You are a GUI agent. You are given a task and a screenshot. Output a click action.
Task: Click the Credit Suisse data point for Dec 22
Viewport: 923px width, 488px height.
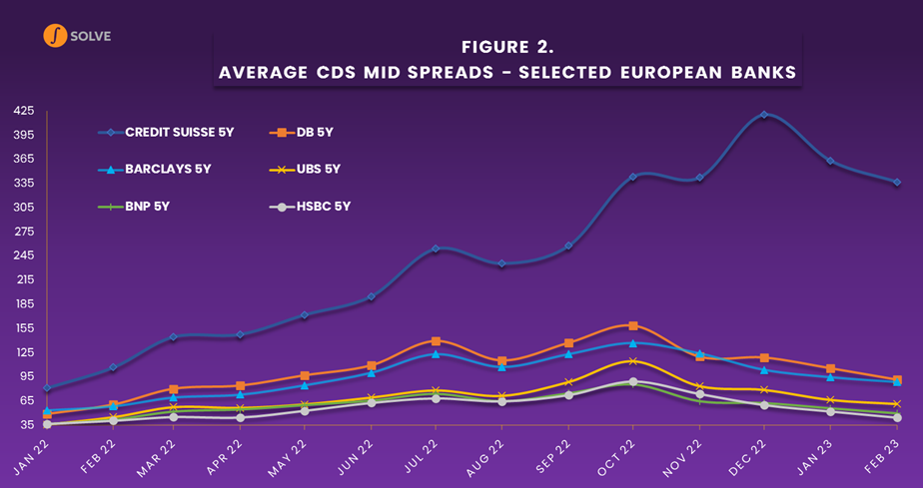tap(764, 115)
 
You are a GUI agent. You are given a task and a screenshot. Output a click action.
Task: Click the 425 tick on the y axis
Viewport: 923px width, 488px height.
tap(22, 110)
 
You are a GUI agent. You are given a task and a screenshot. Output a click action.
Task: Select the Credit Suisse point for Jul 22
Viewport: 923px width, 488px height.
tap(436, 248)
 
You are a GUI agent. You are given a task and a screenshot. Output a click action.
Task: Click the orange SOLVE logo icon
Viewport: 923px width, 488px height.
tap(55, 36)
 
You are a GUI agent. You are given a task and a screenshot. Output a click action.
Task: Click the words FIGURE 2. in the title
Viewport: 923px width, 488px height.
tap(507, 47)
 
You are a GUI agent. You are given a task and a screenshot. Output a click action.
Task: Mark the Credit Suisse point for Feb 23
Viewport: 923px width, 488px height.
tap(897, 182)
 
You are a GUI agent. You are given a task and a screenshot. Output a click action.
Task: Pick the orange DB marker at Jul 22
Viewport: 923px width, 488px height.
tap(436, 341)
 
